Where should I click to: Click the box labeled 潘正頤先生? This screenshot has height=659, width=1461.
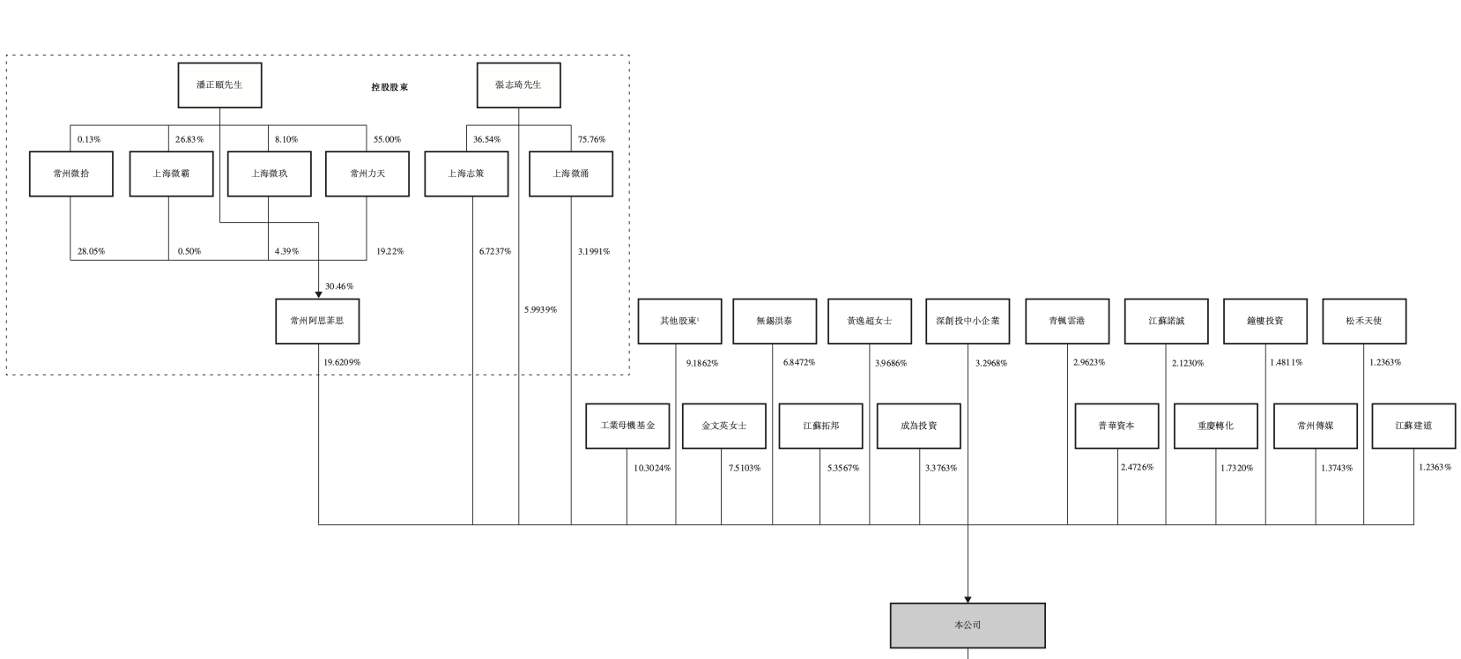[219, 85]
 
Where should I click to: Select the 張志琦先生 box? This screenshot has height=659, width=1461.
[518, 85]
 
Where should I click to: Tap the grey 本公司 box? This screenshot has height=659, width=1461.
[968, 626]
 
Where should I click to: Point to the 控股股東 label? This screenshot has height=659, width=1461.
[389, 87]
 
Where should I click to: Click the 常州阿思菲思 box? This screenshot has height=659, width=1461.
[317, 321]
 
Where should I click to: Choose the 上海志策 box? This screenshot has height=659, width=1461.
[466, 174]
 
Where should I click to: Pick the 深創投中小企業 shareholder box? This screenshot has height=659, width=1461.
[968, 321]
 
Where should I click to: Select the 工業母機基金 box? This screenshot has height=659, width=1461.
[627, 426]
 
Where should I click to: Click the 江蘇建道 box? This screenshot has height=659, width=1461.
[1413, 426]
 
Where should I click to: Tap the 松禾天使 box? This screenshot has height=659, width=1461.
[1364, 321]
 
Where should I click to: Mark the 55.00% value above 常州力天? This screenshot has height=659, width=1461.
[387, 139]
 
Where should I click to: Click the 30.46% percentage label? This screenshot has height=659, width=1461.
[339, 286]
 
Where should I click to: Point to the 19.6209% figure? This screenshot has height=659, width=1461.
[342, 362]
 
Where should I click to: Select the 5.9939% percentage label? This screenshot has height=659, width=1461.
[540, 309]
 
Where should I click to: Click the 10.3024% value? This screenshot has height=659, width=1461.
[652, 468]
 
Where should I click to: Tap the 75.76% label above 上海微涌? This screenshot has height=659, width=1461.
[591, 139]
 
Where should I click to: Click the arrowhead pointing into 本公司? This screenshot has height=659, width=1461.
[968, 599]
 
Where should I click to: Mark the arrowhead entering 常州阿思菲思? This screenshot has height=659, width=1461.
[318, 294]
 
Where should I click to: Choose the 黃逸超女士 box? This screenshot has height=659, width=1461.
[870, 321]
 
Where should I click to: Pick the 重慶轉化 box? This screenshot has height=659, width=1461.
[1215, 426]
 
